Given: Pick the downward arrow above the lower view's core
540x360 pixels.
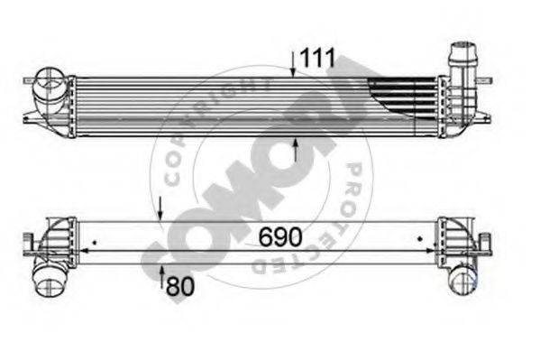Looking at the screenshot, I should coord(160,208).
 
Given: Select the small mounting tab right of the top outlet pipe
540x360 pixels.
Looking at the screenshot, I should coord(487,115).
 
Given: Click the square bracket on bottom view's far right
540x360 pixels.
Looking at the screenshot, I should coord(486,241).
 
